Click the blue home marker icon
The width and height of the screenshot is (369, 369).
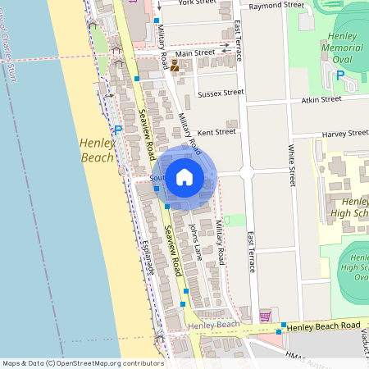[x=184, y=176]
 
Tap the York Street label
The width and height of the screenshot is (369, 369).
[x=196, y=3]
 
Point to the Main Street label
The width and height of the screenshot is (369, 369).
[x=195, y=52]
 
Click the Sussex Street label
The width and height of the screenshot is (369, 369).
[x=221, y=93]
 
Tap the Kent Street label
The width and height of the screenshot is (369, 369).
[x=216, y=131]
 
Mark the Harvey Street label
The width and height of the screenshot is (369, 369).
[x=345, y=133]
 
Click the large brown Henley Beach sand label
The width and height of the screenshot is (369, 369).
[x=97, y=149]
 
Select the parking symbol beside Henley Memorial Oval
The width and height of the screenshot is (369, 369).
[x=340, y=75]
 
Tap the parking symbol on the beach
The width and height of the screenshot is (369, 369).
[x=118, y=130]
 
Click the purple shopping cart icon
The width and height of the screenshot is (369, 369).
[x=265, y=317]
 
